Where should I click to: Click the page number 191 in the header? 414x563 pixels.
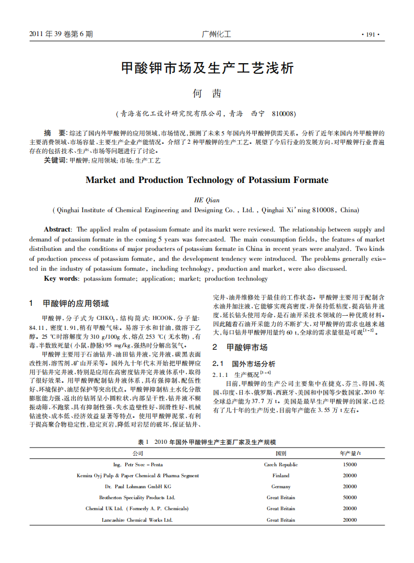[371, 35]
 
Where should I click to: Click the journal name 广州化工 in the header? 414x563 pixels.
[216, 35]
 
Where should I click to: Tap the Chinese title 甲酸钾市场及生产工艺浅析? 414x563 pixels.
[207, 68]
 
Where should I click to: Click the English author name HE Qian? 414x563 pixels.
[207, 200]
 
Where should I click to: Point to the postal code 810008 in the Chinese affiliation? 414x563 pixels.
[283, 113]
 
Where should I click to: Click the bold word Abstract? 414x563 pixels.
[57, 229]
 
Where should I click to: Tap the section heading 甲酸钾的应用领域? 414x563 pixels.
[76, 304]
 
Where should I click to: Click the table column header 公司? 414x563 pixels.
[138, 454]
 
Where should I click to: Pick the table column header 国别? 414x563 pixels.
[281, 454]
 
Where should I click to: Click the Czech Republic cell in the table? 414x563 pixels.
[281, 465]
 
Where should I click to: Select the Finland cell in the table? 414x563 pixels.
[281, 476]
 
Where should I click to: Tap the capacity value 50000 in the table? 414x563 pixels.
[350, 498]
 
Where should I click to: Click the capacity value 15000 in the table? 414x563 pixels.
[350, 465]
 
